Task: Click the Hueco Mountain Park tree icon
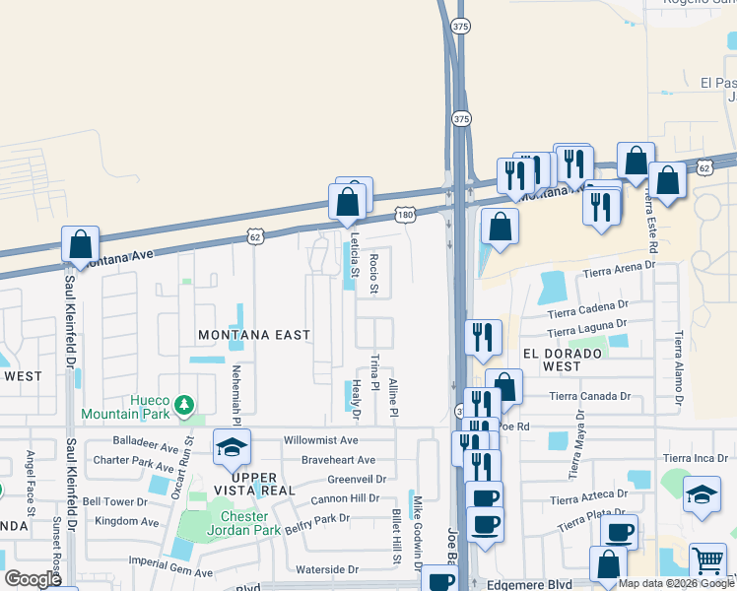click(182, 404)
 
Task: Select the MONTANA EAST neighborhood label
click(254, 335)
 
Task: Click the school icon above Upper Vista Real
click(232, 448)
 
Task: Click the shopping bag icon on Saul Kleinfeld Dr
click(80, 243)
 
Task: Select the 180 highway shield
click(406, 214)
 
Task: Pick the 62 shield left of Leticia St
click(256, 236)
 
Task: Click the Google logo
click(33, 579)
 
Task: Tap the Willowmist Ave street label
click(321, 440)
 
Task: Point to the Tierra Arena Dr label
click(619, 269)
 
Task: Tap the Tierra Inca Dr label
click(696, 458)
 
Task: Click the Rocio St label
click(373, 274)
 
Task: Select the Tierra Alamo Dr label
click(679, 368)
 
